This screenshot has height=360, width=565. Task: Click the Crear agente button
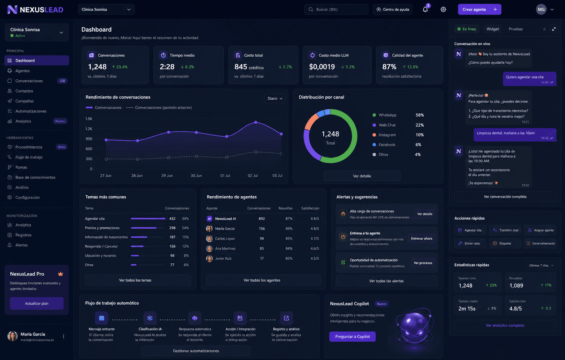479,10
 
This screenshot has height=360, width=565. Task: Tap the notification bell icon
425,10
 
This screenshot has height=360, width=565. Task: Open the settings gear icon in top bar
443,10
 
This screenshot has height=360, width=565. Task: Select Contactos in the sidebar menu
24,91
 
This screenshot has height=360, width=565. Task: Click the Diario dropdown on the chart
275,99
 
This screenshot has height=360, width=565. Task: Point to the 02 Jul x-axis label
252,176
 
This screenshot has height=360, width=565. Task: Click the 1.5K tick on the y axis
89,119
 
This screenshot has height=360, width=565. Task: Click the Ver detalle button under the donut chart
362,176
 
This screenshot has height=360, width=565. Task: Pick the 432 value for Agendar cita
172,219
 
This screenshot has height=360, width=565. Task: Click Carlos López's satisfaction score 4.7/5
315,239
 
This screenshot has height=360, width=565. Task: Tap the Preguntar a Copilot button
352,337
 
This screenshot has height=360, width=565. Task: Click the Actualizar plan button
37,304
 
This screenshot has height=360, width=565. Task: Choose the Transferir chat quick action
505,230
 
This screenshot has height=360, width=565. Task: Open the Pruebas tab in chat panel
516,29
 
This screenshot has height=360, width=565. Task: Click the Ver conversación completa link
505,197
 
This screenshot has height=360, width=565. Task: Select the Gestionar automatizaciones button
196,351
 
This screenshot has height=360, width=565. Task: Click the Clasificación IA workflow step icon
150,318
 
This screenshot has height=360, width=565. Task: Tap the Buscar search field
336,10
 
